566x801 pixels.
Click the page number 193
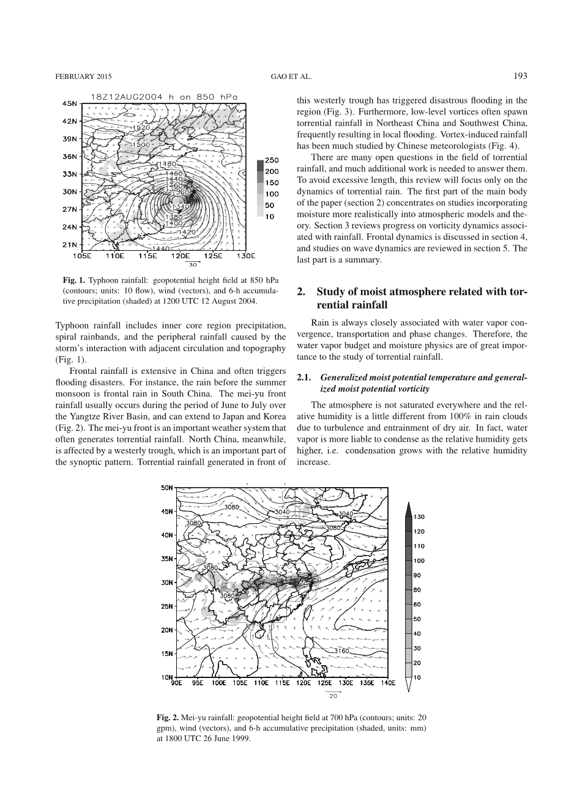pos(520,76)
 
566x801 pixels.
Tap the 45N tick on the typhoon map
pos(70,103)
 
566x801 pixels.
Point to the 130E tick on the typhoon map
pos(245,256)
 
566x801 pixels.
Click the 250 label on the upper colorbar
pos(272,160)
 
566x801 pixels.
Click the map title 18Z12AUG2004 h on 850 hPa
pos(163,96)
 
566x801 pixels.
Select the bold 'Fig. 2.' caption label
pos(168,716)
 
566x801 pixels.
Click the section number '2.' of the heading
pos(301,292)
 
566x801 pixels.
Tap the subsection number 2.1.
pos(304,378)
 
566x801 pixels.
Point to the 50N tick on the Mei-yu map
pos(167,488)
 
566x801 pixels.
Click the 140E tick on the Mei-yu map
pos(387,683)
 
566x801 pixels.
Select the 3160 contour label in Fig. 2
pos(341,651)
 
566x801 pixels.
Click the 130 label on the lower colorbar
pos(419,517)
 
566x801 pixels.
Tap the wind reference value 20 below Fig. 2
pos(333,696)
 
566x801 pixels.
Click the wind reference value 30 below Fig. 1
pos(192,265)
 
